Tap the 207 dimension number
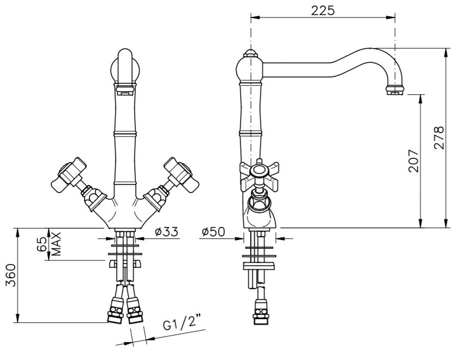click(x=413, y=160)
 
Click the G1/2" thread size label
click(x=183, y=325)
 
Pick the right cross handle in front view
click(x=179, y=172)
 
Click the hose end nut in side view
click(x=260, y=315)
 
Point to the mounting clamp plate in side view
click(x=260, y=266)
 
